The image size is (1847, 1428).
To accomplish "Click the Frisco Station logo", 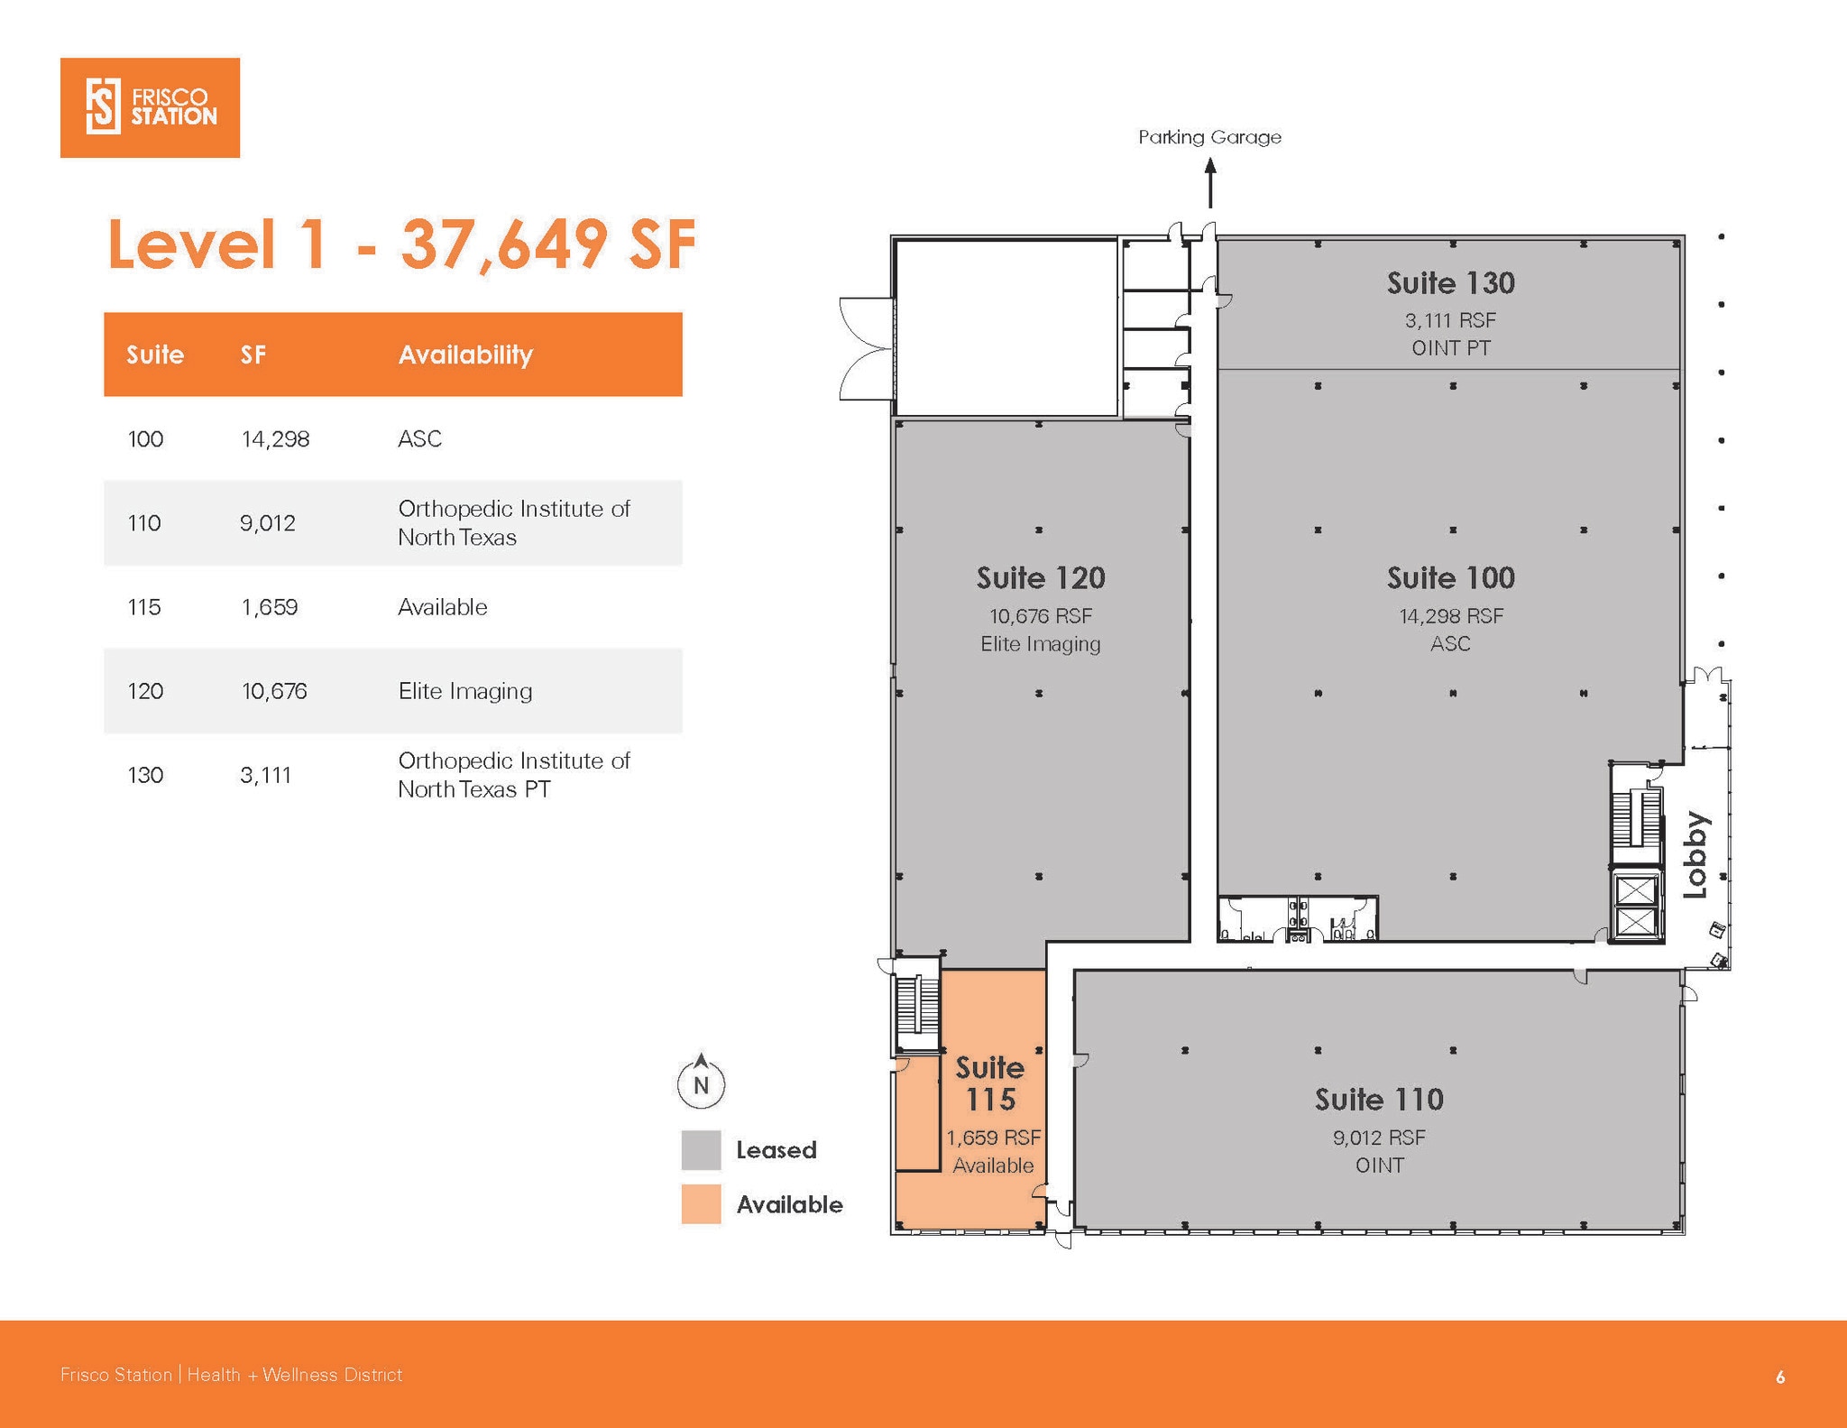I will [150, 107].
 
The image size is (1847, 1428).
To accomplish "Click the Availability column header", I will [465, 355].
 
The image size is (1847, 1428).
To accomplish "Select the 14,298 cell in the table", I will [275, 439].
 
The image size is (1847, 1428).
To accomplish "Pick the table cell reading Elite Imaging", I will [465, 691].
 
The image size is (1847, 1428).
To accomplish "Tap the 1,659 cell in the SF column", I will [269, 607].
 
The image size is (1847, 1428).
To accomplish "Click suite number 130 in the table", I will [145, 775].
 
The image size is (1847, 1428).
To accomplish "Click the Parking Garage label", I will [1209, 137].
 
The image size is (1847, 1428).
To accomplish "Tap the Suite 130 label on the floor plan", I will [1450, 283].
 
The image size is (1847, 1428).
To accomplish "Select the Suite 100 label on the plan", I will [1450, 577].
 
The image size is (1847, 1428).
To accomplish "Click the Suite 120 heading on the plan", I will [1041, 577].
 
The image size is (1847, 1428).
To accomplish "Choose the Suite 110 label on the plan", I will [1379, 1099].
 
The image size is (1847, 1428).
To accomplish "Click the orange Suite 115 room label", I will [990, 1083].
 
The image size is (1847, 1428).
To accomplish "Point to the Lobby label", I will [1696, 854].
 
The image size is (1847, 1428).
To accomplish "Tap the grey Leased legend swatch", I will [701, 1149].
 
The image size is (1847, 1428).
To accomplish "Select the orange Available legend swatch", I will [701, 1203].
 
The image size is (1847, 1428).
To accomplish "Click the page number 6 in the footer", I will [1780, 1377].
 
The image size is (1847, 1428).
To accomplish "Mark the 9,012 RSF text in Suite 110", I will [1379, 1138].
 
